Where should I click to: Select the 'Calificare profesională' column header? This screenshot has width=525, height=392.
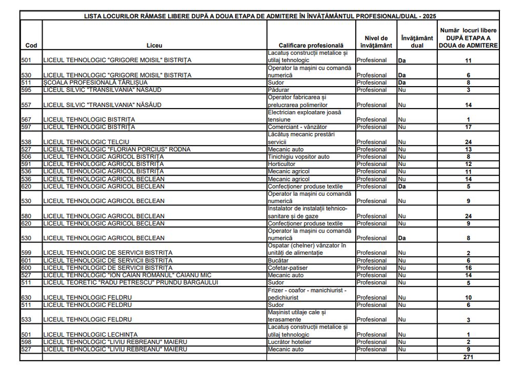(x=311, y=46)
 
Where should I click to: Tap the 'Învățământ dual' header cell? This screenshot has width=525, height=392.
(x=417, y=42)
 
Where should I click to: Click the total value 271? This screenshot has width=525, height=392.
(x=468, y=357)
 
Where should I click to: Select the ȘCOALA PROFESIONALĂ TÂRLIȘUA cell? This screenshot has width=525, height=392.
(x=95, y=82)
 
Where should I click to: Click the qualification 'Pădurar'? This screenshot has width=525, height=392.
(x=279, y=90)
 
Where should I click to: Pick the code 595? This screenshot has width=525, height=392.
(x=26, y=90)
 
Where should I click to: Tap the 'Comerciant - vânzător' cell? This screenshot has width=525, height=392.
(x=297, y=127)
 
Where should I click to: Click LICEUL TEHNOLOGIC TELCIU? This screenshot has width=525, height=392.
(x=86, y=142)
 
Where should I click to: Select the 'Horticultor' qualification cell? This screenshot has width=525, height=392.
(x=282, y=164)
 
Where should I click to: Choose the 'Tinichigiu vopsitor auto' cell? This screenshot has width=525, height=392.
(x=298, y=157)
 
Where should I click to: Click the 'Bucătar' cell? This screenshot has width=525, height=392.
(x=278, y=260)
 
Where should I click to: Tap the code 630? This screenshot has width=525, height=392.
(x=26, y=298)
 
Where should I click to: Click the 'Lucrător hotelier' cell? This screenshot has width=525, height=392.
(x=289, y=342)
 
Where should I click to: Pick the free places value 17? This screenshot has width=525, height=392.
(x=468, y=127)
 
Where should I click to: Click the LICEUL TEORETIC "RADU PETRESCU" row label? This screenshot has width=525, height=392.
(x=131, y=283)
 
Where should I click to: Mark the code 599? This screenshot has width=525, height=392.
(x=26, y=253)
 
